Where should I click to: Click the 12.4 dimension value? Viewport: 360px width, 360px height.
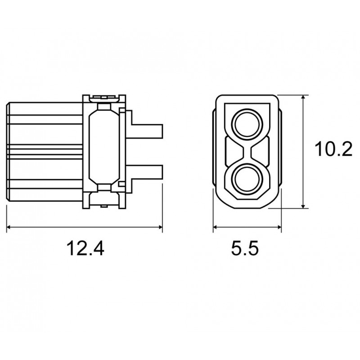85,248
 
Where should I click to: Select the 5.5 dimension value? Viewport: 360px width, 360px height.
245,248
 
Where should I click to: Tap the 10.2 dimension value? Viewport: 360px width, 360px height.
333,149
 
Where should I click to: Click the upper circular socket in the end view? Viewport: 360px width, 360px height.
247,125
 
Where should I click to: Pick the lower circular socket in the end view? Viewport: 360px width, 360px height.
247,178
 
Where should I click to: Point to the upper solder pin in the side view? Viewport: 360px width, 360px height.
147,131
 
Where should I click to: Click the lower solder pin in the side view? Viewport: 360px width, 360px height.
147,172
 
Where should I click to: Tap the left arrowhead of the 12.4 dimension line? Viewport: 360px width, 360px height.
9,227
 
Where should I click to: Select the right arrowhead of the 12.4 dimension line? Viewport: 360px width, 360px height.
160,227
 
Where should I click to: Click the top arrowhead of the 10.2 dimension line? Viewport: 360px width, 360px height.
303,98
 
